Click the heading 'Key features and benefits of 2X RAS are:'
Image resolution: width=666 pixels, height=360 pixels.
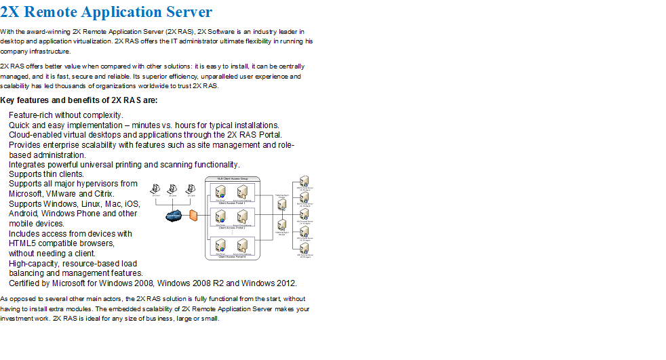coord(79,100)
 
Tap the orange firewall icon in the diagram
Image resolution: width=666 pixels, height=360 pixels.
coord(193,216)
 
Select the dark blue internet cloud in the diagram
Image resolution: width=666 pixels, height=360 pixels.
coord(174,216)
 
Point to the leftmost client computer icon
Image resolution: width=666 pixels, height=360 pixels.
coord(155,189)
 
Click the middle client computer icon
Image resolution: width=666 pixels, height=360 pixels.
coord(173,189)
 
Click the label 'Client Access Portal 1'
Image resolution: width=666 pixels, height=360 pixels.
coord(231,203)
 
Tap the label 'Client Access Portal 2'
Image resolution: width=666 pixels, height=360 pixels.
coord(231,228)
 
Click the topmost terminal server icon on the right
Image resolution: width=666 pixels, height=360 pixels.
coord(305,182)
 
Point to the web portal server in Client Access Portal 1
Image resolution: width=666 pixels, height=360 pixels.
coord(221,193)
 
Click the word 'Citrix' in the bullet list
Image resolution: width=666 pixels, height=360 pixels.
coord(104,194)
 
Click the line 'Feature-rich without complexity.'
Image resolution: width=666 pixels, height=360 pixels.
coord(66,115)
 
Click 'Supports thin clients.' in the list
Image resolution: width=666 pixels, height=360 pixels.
coord(46,174)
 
